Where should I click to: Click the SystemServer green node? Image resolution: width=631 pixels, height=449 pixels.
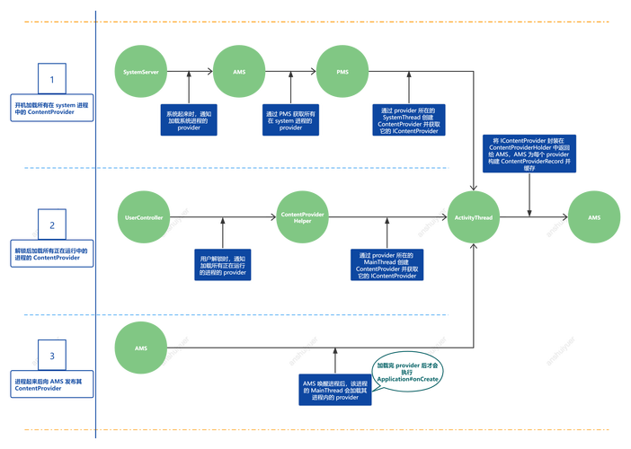point(141,70)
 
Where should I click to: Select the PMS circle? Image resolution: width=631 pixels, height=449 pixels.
point(342,70)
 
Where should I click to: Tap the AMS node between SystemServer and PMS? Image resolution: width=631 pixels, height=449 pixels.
point(239,70)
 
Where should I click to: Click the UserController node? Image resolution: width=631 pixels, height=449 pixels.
point(141,217)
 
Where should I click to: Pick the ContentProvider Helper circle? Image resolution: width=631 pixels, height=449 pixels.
point(302,217)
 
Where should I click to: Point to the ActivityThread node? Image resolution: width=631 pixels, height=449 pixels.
point(474,217)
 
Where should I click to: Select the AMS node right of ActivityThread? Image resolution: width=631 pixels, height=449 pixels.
point(593,217)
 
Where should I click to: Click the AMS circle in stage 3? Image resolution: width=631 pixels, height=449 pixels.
point(141,347)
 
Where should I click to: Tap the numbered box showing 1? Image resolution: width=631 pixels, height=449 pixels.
point(52,80)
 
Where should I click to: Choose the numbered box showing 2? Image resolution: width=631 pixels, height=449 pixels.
point(52,225)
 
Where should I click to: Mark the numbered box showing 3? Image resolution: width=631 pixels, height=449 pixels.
point(52,356)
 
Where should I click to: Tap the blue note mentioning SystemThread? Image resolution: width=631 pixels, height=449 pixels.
point(410,119)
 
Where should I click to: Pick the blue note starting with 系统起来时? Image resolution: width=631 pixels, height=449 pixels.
point(190,121)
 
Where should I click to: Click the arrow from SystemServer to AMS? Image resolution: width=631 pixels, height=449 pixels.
point(190,70)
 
